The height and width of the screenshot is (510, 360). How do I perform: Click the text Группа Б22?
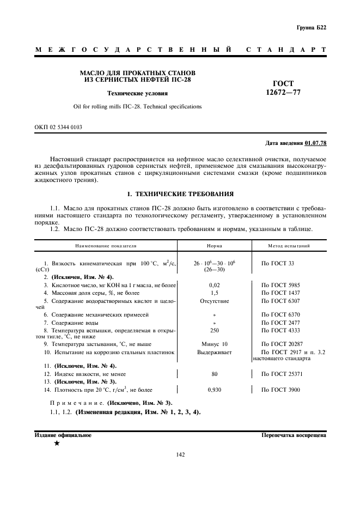click(311, 27)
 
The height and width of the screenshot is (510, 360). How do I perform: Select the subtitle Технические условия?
click(137, 93)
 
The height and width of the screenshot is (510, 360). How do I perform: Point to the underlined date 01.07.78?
click(315, 143)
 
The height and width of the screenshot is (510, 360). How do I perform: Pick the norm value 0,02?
click(214, 285)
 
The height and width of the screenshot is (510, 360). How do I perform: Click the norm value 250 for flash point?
click(214, 330)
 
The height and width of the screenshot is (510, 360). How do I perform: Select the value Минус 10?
click(214, 344)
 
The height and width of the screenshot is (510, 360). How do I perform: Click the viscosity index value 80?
click(214, 374)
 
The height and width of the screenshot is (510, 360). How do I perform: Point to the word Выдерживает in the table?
click(214, 353)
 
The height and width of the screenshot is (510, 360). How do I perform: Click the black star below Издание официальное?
click(57, 444)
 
